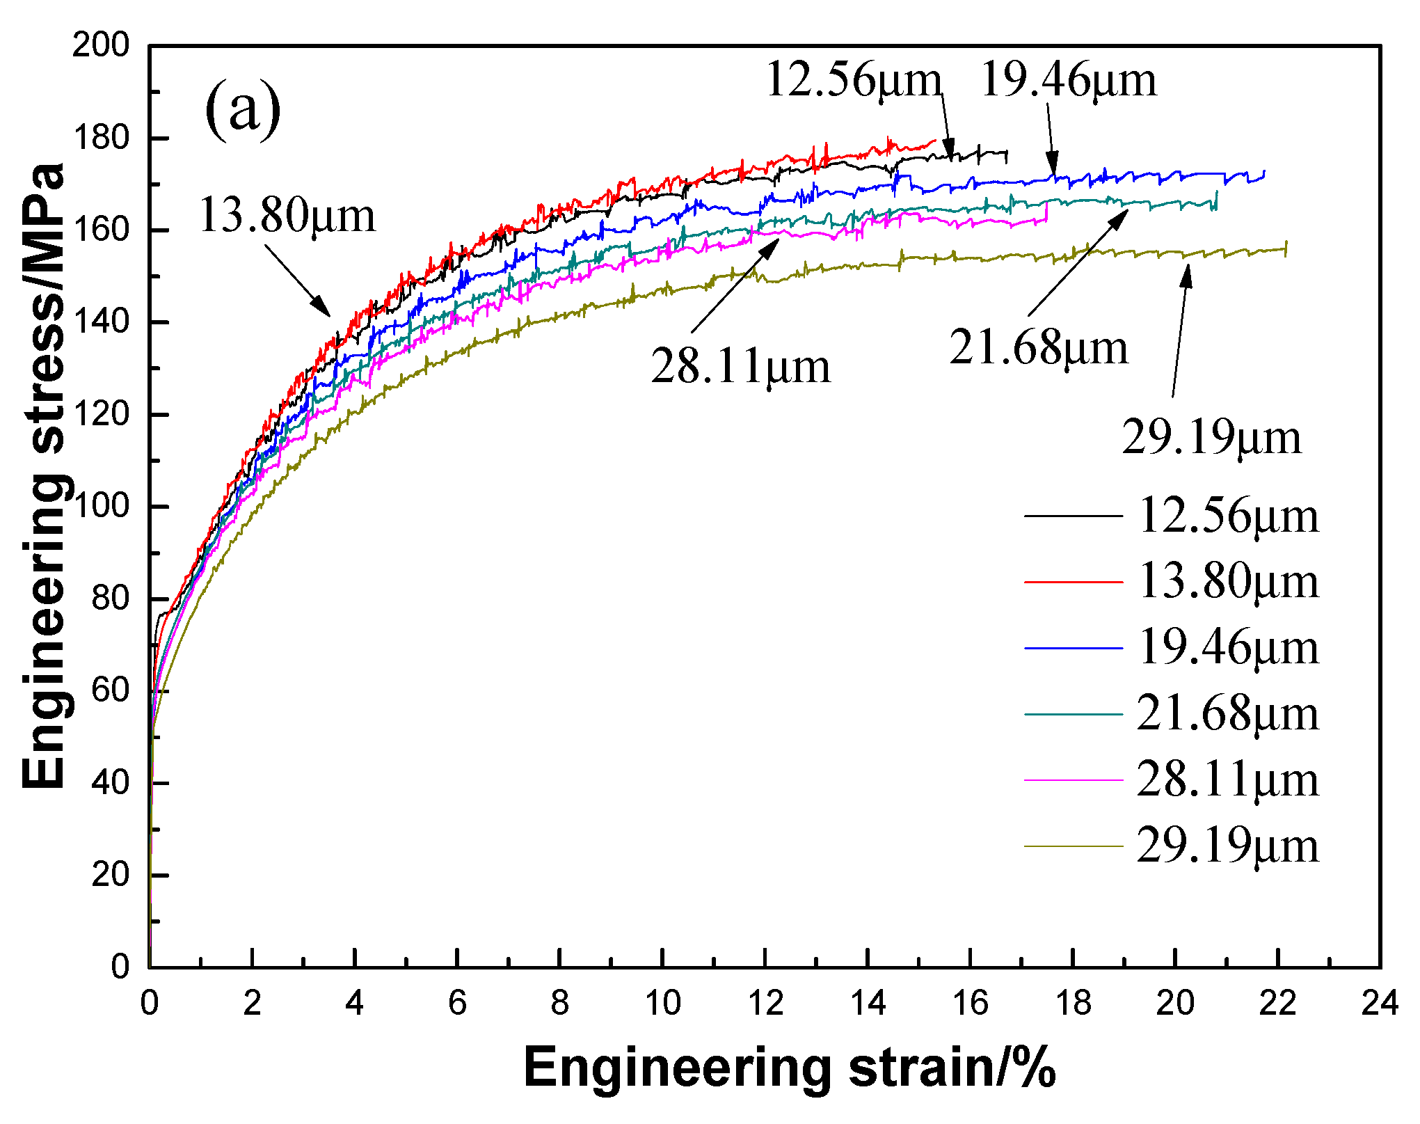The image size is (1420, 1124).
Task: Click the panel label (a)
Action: [243, 109]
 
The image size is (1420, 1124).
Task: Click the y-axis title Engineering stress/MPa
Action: [43, 476]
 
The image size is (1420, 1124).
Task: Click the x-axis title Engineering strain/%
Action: [789, 1068]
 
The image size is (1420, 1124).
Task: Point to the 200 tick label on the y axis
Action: [101, 46]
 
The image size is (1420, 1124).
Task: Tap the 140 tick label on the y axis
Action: [101, 322]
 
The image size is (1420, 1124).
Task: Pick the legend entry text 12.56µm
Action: [1228, 516]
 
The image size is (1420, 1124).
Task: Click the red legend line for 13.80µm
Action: [1074, 581]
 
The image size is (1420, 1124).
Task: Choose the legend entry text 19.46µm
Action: [1228, 648]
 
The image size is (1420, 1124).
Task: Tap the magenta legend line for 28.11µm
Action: [1074, 780]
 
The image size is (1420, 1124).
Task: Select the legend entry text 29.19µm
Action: [1228, 846]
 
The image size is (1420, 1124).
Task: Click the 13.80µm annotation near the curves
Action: [287, 215]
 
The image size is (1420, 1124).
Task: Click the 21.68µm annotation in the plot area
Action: [1038, 347]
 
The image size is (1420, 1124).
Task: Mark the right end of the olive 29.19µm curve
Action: [1286, 248]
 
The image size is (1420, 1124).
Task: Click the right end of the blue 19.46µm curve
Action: [1264, 172]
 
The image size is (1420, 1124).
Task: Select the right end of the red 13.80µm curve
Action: [936, 141]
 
